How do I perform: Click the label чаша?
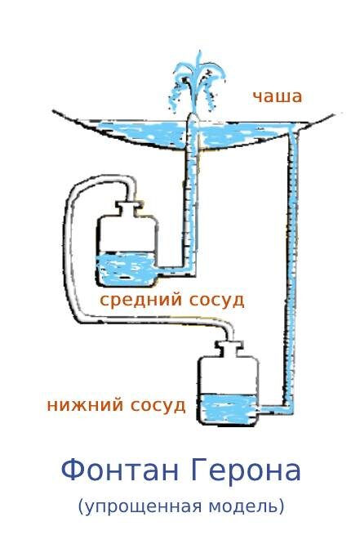(277, 96)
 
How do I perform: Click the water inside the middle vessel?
(127, 270)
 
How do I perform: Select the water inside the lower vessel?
(229, 408)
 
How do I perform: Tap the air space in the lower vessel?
(229, 376)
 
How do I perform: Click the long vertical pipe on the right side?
(291, 270)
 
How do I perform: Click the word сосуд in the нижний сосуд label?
(158, 404)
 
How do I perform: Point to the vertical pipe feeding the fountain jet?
(193, 196)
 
